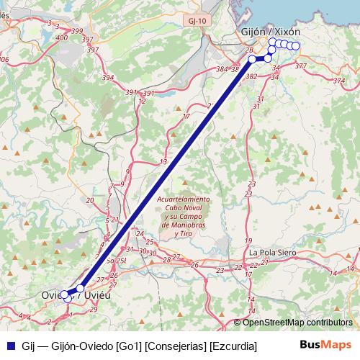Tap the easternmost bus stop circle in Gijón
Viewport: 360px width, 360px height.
tap(295, 46)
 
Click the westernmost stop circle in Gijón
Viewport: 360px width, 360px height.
tap(253, 58)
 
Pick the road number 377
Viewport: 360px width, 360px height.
tap(300, 66)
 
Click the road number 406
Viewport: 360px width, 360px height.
tap(4, 59)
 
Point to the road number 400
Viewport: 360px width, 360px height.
tap(61, 37)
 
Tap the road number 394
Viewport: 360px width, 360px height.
tap(108, 77)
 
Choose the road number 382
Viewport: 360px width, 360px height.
tap(251, 76)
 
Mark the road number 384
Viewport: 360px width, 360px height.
tap(222, 69)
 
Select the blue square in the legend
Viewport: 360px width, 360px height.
tap(9, 345)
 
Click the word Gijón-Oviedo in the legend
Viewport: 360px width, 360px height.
tap(82, 345)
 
